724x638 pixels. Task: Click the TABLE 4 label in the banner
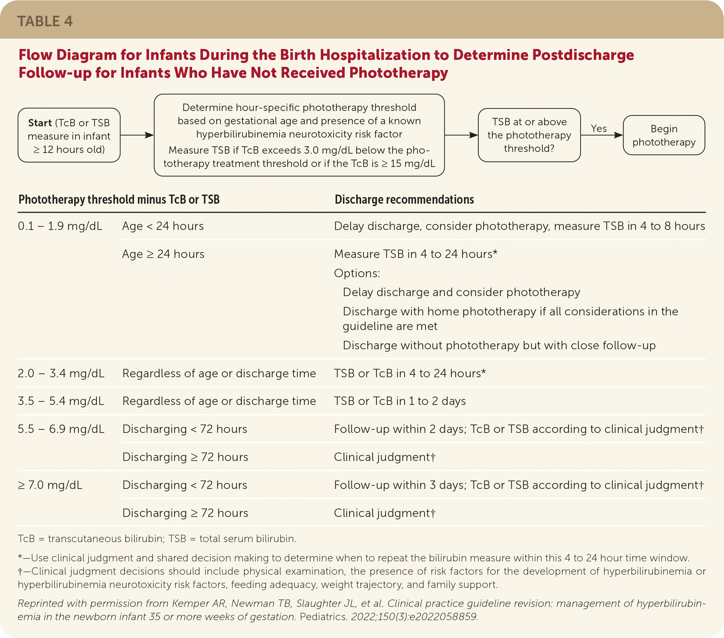(45, 21)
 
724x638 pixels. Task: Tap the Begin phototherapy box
(664, 135)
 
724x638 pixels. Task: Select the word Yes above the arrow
(599, 128)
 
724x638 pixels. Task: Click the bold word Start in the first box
(40, 122)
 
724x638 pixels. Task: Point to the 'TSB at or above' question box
(529, 135)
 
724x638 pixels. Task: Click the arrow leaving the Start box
(137, 135)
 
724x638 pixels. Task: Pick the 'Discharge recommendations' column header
(404, 199)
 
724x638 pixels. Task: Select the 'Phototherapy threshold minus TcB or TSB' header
(119, 199)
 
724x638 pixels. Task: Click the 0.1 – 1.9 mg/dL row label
(60, 226)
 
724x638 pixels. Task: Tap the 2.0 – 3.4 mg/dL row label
(61, 373)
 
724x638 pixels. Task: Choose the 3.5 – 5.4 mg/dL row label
(61, 401)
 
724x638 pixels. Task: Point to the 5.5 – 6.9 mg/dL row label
(61, 429)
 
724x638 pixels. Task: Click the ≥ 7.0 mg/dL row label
(50, 485)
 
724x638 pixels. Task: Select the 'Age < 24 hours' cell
(163, 226)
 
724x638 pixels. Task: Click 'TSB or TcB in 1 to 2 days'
(400, 401)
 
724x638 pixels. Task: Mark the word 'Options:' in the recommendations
(357, 273)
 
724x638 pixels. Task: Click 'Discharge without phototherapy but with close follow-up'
(499, 345)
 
